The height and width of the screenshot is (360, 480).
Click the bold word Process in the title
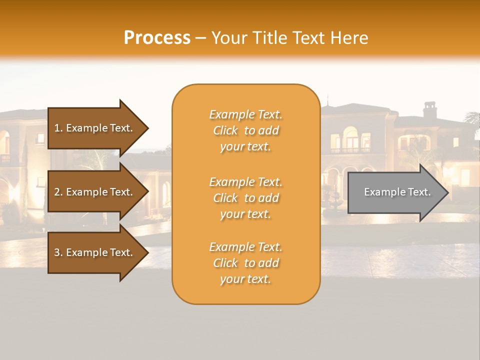point(157,38)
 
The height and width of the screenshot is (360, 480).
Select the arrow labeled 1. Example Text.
point(95,128)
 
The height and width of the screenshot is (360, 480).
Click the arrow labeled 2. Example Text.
point(95,192)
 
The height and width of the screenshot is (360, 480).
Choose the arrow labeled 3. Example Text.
point(95,252)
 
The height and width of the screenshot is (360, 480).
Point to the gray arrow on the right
point(395,192)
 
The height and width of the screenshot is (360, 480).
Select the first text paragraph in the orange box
point(245,130)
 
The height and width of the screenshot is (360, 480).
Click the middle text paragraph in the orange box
point(245,198)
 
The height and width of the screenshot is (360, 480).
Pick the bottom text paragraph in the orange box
point(245,263)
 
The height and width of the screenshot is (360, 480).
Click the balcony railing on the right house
point(350,150)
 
